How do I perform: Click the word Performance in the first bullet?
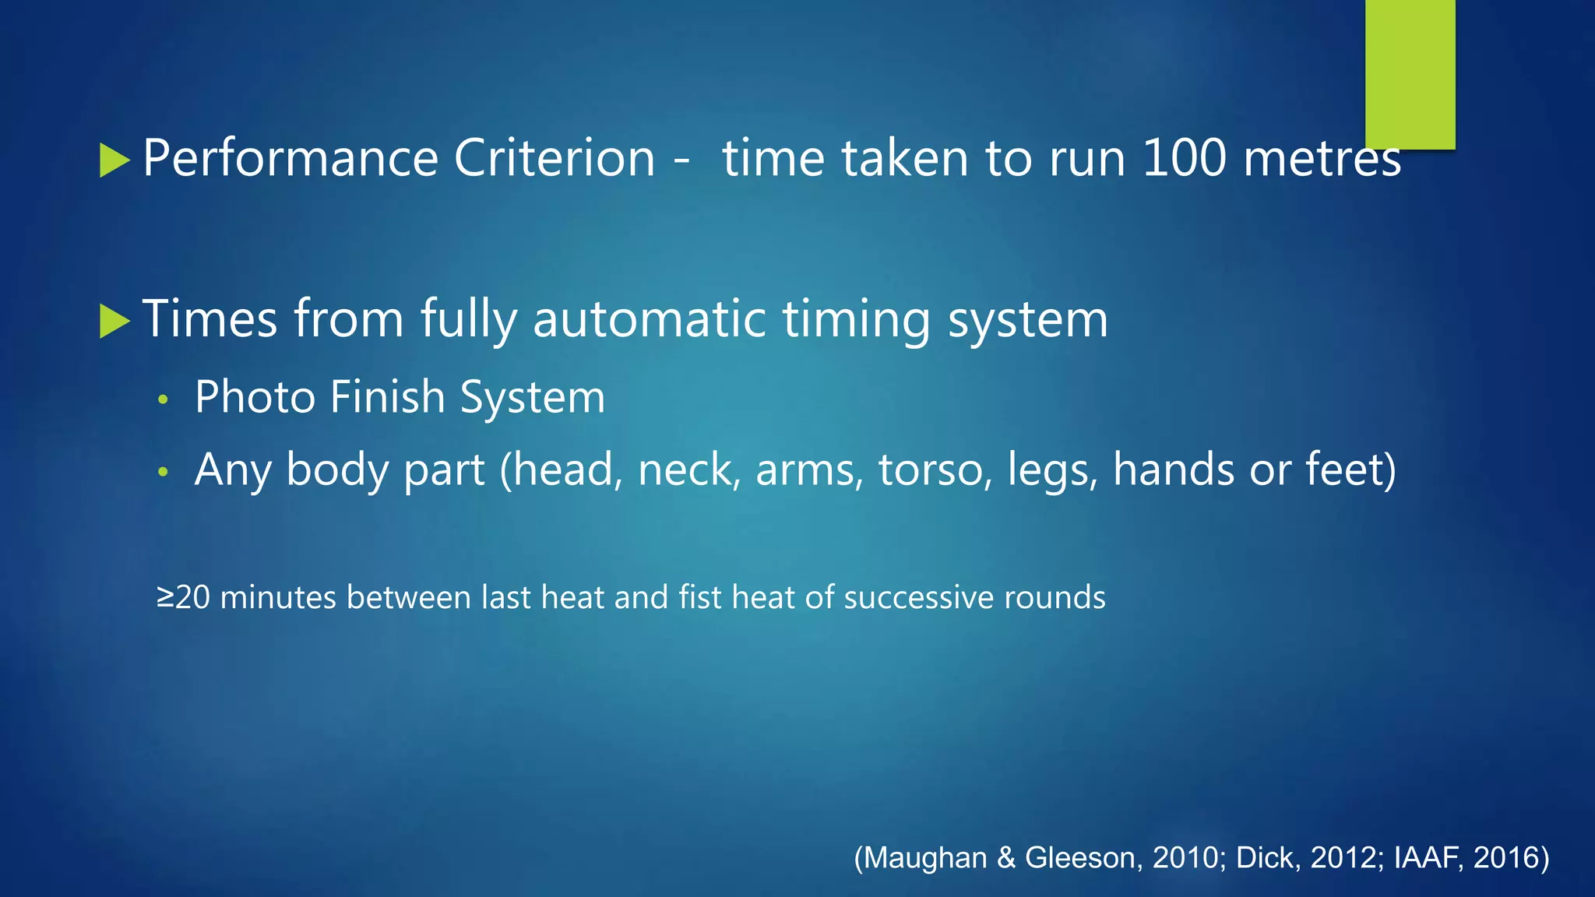point(290,159)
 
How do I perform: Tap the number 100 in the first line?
point(1184,159)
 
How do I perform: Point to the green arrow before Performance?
point(114,160)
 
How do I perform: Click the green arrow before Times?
point(114,322)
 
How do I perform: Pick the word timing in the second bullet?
point(856,321)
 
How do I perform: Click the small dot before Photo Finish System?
point(163,400)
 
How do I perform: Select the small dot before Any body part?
point(163,472)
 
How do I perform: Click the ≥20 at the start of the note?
point(184,598)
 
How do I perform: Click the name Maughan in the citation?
point(926,857)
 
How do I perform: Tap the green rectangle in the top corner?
point(1410,73)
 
